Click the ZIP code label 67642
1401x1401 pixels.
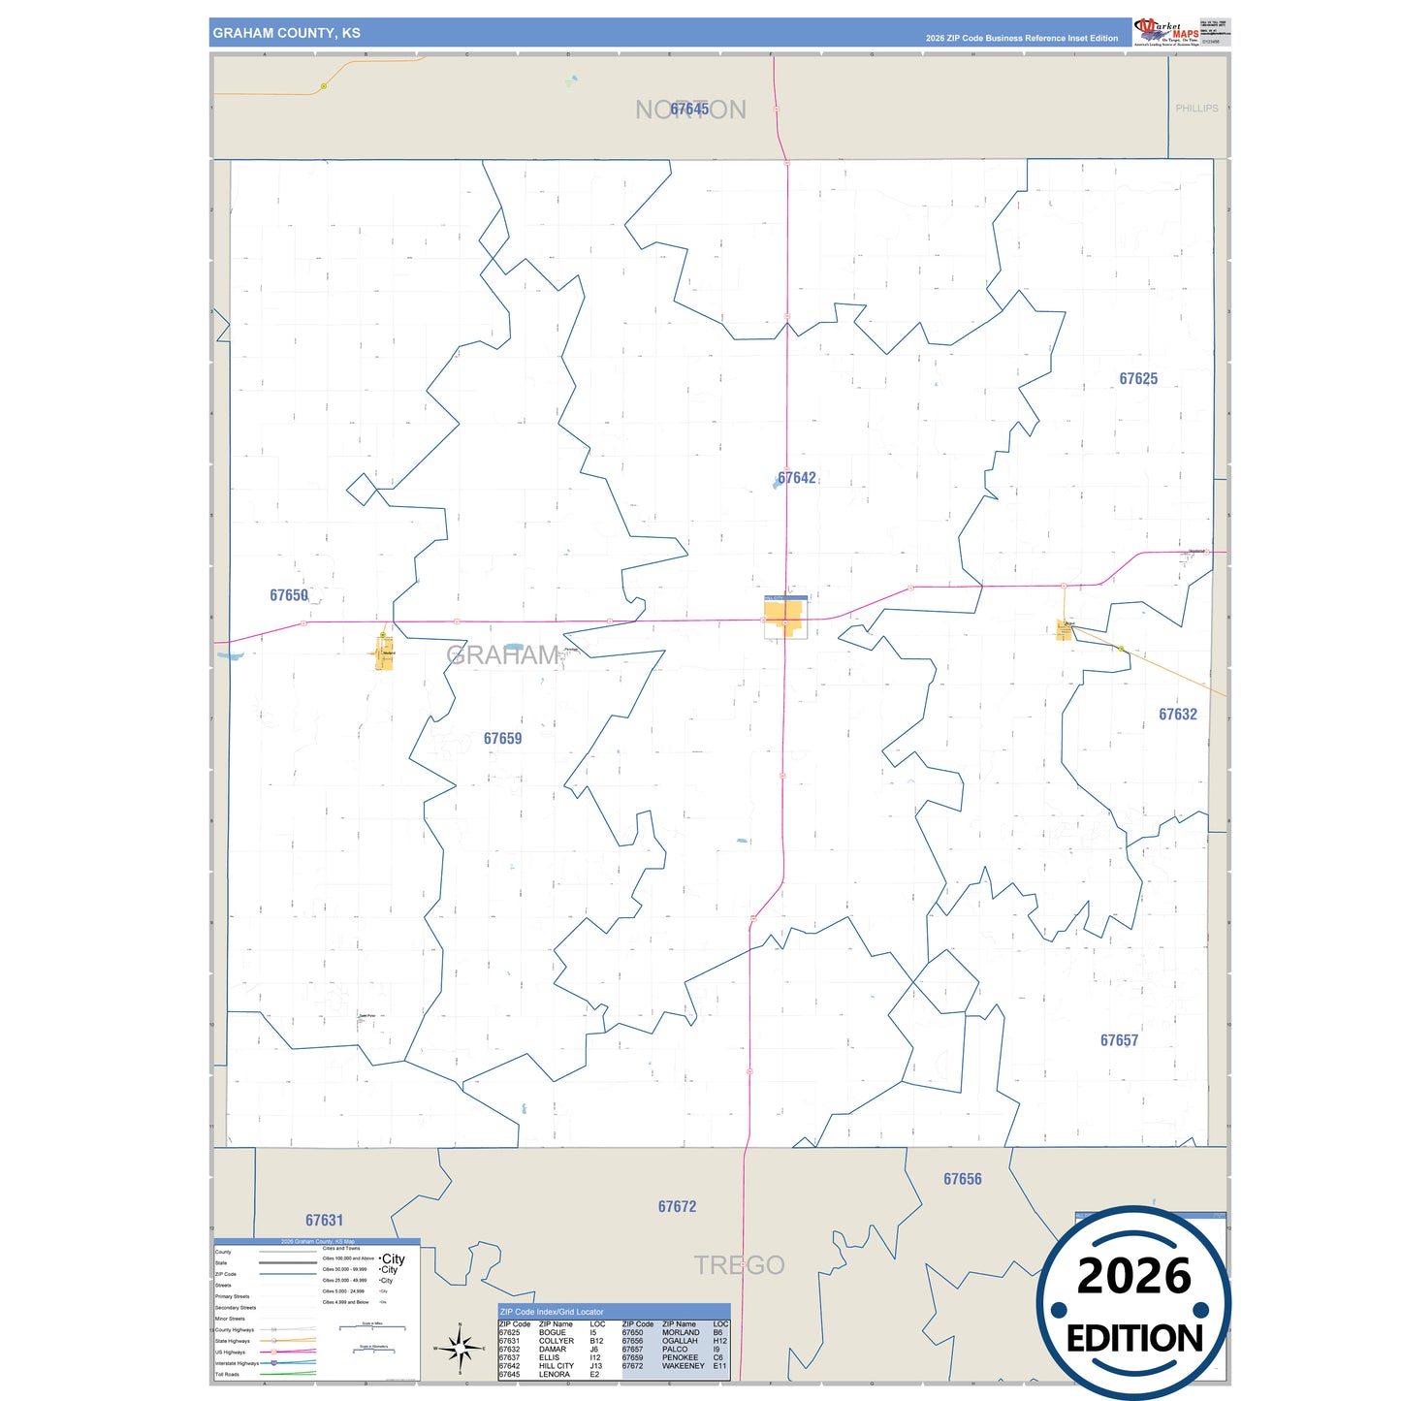[797, 478]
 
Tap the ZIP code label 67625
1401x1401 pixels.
[1138, 379]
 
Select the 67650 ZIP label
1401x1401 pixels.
[289, 595]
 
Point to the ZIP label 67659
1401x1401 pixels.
[502, 739]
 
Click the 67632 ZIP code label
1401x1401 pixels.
[1178, 715]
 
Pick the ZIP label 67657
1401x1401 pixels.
[1119, 1040]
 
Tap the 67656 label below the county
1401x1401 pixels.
[963, 1179]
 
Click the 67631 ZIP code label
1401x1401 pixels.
[324, 1221]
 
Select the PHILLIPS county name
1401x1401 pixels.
[1196, 109]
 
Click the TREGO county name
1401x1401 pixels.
[739, 1265]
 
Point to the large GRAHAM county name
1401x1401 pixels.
[502, 656]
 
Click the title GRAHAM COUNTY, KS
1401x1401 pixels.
[286, 33]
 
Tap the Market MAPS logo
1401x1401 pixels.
[1166, 32]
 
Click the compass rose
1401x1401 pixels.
[461, 1348]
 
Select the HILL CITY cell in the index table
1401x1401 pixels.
[557, 1366]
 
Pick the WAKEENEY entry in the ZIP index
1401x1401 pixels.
[683, 1366]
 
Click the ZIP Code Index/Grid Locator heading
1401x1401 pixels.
[552, 1312]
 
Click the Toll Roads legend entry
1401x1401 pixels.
[228, 1374]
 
